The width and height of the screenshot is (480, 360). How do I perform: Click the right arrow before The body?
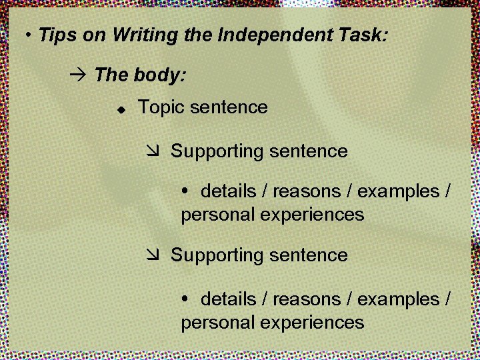point(78,75)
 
